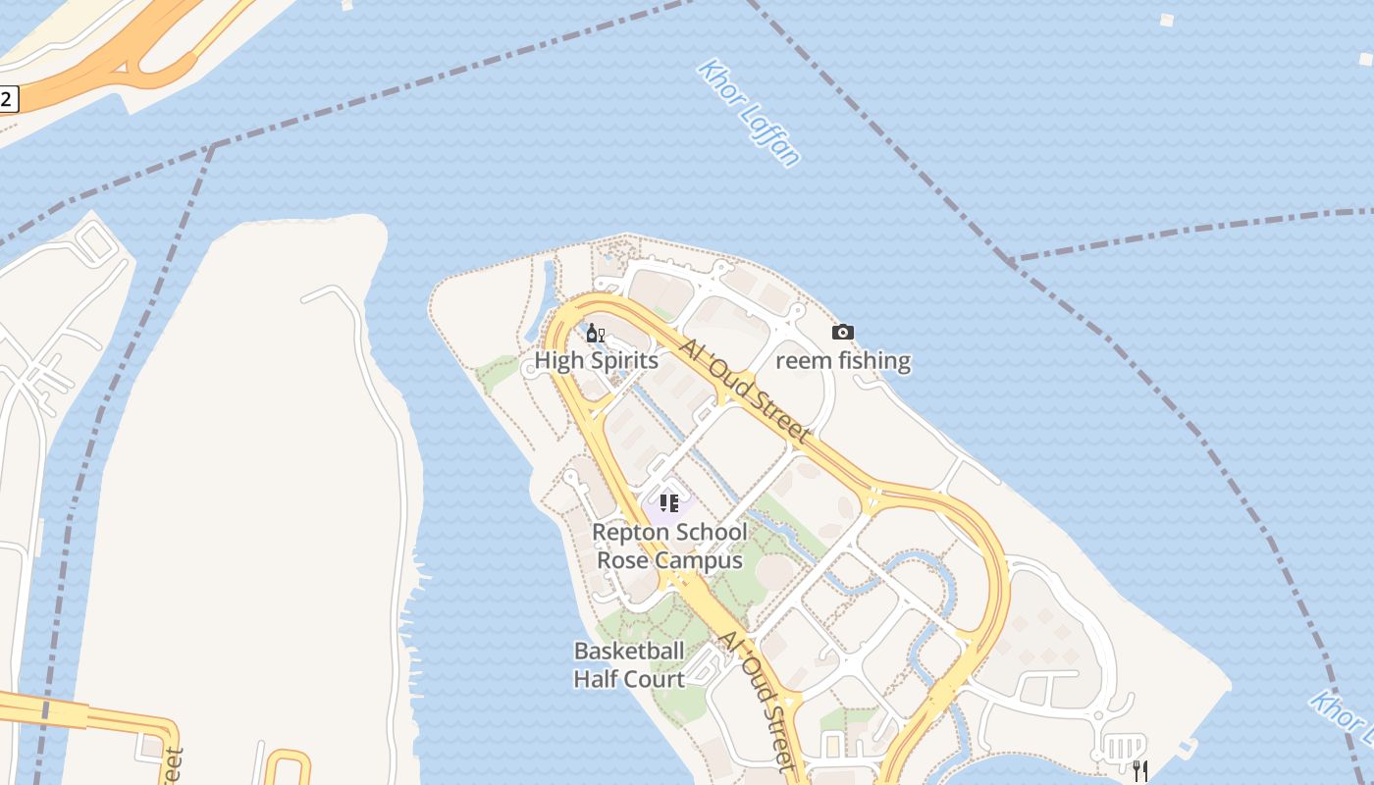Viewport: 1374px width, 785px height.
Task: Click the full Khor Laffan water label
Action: click(749, 112)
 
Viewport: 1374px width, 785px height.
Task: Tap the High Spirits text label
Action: click(596, 360)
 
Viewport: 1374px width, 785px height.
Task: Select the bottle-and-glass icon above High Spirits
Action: click(595, 334)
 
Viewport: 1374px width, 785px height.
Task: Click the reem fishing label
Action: click(843, 360)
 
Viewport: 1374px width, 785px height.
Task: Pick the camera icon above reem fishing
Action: click(842, 333)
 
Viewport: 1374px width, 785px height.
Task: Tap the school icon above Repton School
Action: click(669, 503)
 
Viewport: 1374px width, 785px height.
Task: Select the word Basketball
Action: click(629, 651)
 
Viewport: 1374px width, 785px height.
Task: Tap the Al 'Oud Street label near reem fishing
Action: click(746, 391)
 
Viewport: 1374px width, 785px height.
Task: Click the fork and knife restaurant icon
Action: click(1139, 770)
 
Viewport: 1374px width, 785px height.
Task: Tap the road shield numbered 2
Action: click(7, 98)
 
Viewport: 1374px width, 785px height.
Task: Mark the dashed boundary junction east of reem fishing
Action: click(1011, 261)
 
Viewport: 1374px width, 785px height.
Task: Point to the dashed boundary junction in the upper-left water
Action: click(213, 146)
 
